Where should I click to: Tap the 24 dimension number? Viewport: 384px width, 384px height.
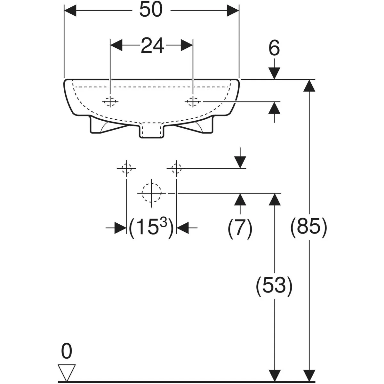click(152, 45)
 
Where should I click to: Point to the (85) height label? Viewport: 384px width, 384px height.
click(309, 227)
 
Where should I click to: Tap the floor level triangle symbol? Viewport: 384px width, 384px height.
click(67, 372)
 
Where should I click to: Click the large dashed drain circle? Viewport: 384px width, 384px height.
click(151, 193)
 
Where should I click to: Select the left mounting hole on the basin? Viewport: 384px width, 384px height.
click(110, 102)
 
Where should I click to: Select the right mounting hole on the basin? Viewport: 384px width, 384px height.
click(193, 102)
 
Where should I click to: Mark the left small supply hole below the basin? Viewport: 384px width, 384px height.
click(126, 168)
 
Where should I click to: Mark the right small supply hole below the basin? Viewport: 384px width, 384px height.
click(176, 168)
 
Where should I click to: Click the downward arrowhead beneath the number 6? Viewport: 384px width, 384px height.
click(274, 73)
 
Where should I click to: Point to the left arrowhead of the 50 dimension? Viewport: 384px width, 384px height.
click(70, 10)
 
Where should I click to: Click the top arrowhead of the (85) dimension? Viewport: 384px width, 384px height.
click(309, 86)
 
